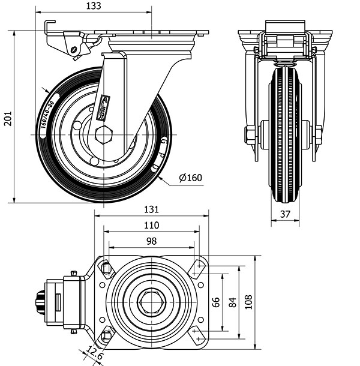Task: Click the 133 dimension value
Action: tap(93, 6)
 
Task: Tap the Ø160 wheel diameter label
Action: tap(190, 178)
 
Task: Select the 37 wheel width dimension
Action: tap(285, 214)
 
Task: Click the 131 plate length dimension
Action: tap(151, 209)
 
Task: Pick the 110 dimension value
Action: tap(151, 226)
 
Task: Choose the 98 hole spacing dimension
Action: tap(151, 241)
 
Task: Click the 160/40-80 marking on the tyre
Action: tap(47, 114)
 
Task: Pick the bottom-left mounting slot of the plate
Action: tap(106, 335)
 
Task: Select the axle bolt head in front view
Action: tap(250, 134)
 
